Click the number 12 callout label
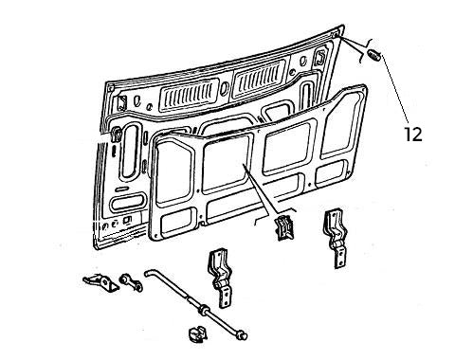tap(413, 135)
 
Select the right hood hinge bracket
tap(337, 236)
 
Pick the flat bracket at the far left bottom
tap(96, 281)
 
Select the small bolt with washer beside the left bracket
tap(126, 280)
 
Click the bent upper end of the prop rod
tap(149, 276)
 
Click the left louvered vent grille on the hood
tap(191, 91)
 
